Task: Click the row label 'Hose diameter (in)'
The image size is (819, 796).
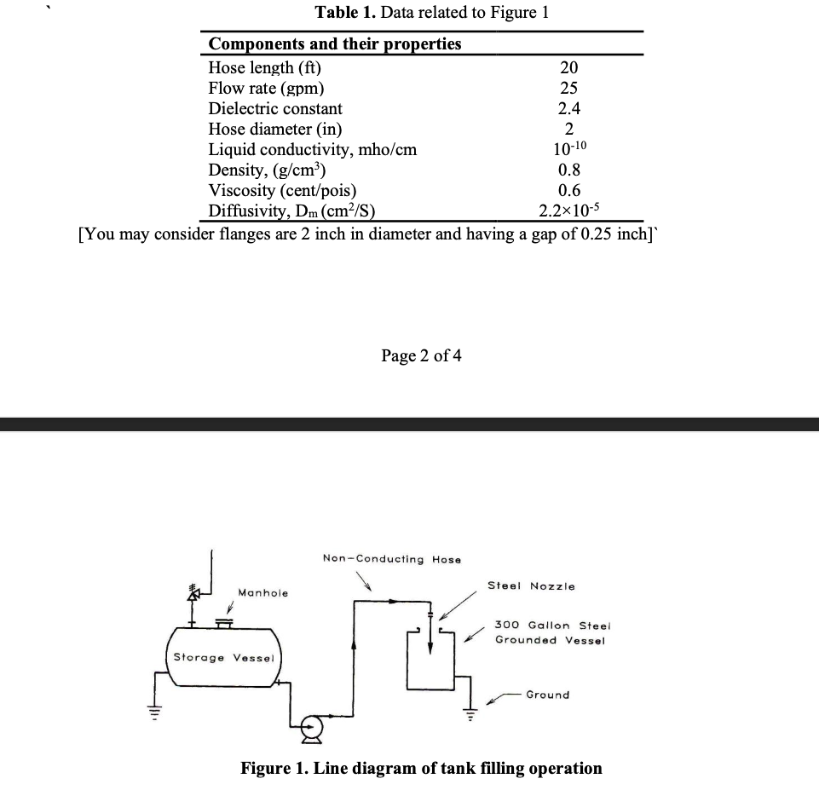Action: pos(275,130)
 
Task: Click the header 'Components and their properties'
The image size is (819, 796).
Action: pos(335,43)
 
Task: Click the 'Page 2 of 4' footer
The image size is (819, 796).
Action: pos(422,355)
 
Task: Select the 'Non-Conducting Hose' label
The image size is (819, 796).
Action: pos(391,559)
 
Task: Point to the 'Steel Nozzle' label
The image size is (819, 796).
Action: pos(531,586)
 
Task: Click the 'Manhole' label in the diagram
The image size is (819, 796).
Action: pos(262,592)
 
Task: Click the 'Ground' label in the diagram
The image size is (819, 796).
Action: pos(547,695)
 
